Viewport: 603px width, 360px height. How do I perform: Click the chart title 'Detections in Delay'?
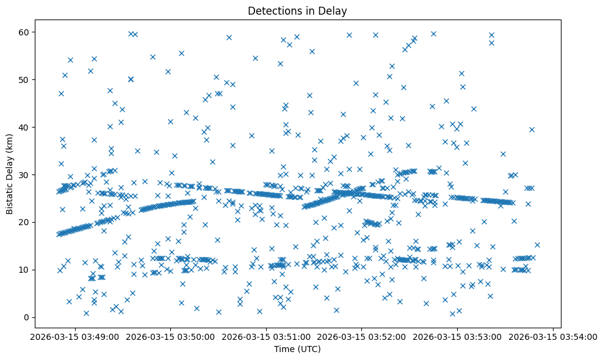click(297, 10)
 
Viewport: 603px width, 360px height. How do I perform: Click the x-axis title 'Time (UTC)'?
click(297, 349)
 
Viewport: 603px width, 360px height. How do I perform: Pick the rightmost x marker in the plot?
click(537, 245)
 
